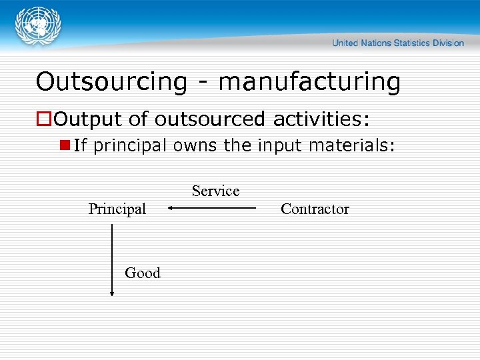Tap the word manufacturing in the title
click(309, 82)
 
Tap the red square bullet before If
click(65, 145)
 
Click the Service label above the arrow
click(215, 191)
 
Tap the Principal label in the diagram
click(117, 209)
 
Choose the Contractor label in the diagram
click(315, 209)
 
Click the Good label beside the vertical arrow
click(143, 273)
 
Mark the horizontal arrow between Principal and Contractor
click(212, 208)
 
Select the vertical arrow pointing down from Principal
click(112, 260)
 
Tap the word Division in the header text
click(447, 43)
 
